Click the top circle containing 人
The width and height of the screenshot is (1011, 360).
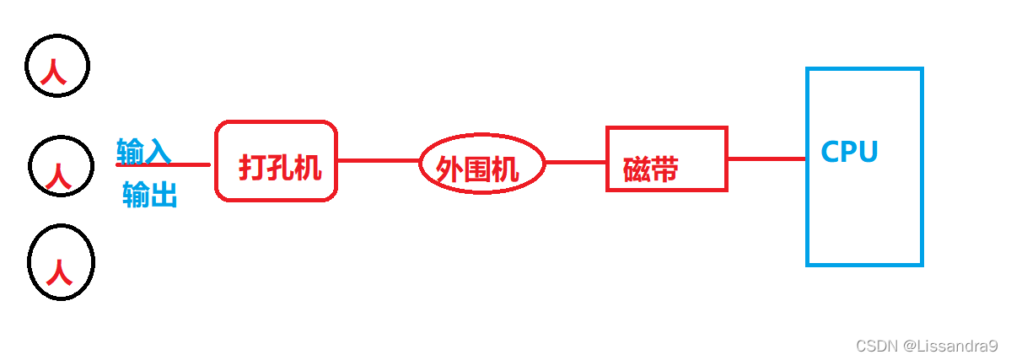pos(56,67)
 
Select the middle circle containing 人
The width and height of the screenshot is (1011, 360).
pos(60,167)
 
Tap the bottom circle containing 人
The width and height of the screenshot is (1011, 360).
pos(61,262)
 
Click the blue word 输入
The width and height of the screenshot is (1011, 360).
pos(143,150)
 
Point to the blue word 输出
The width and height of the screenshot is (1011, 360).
pos(149,196)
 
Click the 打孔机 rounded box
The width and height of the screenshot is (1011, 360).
pos(277,160)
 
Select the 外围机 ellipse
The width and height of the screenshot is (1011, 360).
pos(481,164)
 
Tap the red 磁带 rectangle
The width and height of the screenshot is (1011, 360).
pos(666,159)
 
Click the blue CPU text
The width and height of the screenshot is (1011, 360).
pos(849,152)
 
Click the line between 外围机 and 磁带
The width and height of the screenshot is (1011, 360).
pos(576,162)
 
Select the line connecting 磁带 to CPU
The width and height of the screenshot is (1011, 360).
pos(766,159)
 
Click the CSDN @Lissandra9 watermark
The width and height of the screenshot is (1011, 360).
pos(926,346)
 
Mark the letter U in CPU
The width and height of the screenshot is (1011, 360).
pos(868,152)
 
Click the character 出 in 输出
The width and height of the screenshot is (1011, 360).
pos(164,196)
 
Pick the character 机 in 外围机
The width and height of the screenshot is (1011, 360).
pos(504,170)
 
